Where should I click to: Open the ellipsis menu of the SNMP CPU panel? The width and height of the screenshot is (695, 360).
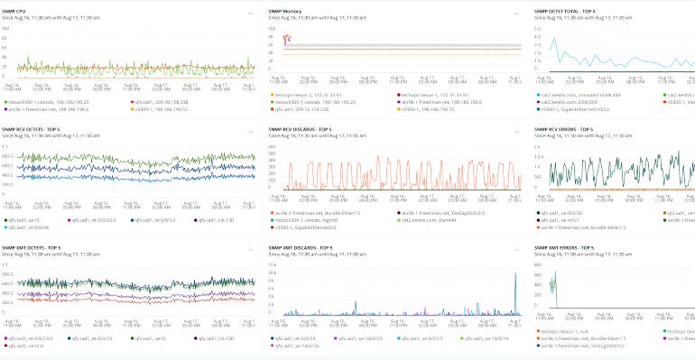coord(251,13)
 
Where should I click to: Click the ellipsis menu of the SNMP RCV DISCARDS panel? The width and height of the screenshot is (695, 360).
coord(516,131)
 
